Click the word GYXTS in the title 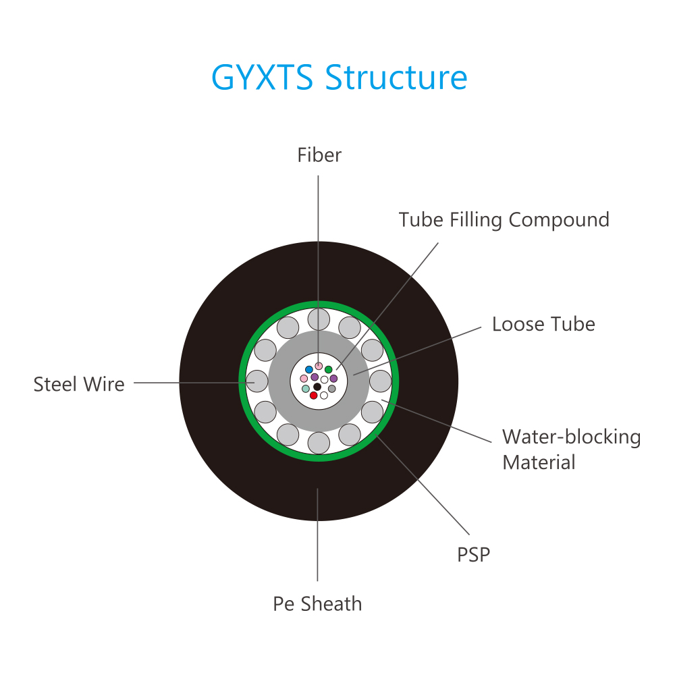[262, 78]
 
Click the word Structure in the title [396, 78]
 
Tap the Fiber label [319, 155]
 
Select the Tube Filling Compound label [504, 220]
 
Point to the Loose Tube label [543, 324]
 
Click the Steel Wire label [79, 384]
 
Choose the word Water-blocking [572, 437]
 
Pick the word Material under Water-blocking [539, 462]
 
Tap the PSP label [474, 554]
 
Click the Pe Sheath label [318, 603]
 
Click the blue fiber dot [309, 370]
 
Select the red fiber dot [313, 395]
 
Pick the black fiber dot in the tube [317, 387]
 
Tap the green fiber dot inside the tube [329, 369]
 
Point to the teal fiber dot [306, 389]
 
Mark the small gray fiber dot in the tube [331, 389]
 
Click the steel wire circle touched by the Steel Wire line [257, 381]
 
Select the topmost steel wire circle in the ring [319, 319]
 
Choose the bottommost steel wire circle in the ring [319, 443]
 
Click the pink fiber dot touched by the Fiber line [319, 366]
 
